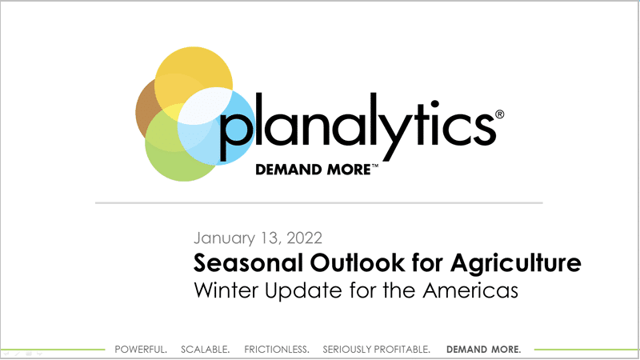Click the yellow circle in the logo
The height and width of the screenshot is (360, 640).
194,70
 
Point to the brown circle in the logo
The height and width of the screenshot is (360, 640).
144,110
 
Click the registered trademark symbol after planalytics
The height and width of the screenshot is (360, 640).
499,114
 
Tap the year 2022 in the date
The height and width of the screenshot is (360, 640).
305,238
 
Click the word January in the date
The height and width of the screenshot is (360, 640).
224,238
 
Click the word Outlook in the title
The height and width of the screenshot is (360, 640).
358,262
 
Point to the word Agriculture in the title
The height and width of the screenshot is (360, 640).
516,263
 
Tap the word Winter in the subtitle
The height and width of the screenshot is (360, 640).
226,290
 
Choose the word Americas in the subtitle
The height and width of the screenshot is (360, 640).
470,290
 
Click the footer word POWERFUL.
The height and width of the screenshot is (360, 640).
141,350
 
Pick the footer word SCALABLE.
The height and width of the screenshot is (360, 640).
206,350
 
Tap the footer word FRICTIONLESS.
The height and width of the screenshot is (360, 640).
277,350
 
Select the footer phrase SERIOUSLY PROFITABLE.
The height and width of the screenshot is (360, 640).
376,350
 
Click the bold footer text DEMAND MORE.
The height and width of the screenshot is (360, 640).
484,350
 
